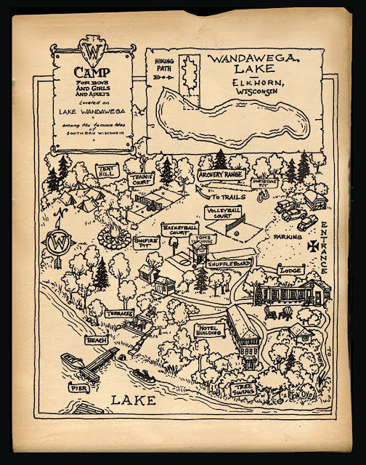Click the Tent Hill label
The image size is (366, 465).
[x=107, y=171]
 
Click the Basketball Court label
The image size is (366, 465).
[x=180, y=230]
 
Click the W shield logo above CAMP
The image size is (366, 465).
[x=92, y=53]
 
